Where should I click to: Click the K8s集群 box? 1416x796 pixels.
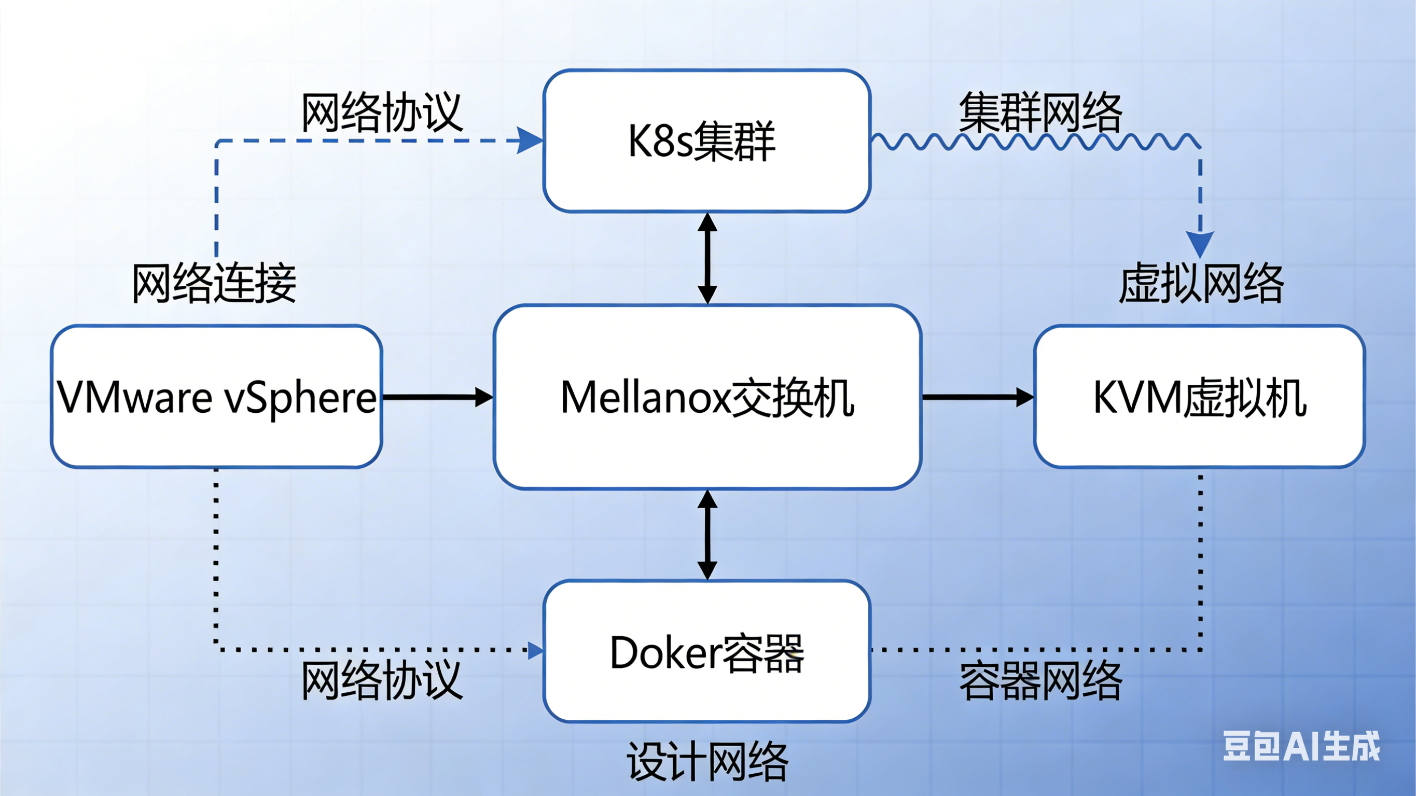(x=707, y=141)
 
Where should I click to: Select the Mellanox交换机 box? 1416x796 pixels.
(x=707, y=397)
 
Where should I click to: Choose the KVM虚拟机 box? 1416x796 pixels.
(x=1199, y=397)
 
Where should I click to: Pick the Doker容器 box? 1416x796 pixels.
(x=707, y=652)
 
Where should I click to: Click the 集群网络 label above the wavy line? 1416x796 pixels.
(x=1040, y=112)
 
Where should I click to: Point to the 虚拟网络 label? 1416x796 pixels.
(x=1202, y=284)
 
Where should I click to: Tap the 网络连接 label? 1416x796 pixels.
(x=214, y=284)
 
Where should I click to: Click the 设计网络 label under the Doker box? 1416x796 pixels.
(x=708, y=761)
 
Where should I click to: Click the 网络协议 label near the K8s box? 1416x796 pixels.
(x=382, y=112)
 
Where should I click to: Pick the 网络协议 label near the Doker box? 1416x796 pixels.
(x=382, y=680)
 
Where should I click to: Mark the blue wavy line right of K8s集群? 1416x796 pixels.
(x=1033, y=142)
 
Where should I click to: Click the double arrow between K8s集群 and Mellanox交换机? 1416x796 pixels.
(x=707, y=258)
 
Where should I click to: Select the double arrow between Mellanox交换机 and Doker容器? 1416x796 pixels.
(x=707, y=535)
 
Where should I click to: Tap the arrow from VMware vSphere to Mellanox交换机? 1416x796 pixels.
(x=437, y=397)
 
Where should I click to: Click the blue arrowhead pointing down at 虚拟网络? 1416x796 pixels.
(x=1200, y=243)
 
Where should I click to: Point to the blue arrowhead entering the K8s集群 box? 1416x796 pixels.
(x=530, y=141)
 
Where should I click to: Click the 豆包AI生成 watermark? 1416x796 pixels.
(x=1300, y=747)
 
